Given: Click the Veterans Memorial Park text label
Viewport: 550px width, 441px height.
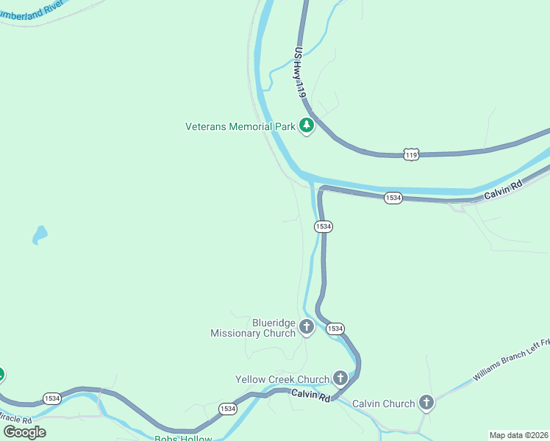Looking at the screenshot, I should tap(240, 126).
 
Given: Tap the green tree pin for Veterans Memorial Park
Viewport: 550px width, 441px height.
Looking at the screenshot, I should tap(307, 126).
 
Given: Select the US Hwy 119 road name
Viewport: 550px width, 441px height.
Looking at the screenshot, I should tap(299, 73).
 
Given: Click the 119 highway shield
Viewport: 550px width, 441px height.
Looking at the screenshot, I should tap(411, 154).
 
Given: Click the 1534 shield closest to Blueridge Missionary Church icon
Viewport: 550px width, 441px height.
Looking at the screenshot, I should tap(335, 328).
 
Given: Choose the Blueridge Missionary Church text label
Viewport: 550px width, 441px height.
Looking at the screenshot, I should tap(253, 328).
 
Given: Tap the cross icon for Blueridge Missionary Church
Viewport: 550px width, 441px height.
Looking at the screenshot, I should tap(306, 326).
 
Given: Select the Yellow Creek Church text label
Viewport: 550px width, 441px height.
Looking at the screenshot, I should tap(282, 379).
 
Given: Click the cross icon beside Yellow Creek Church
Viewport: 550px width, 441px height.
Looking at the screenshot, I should tap(340, 379).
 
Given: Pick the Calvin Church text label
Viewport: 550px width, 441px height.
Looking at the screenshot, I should tap(383, 404).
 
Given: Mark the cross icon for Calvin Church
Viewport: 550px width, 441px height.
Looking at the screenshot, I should tap(426, 402).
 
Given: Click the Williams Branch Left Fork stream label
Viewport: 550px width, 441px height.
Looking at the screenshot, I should tap(512, 360).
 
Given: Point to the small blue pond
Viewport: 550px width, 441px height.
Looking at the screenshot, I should tap(40, 235).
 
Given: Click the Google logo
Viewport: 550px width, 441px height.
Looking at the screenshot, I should tap(24, 432).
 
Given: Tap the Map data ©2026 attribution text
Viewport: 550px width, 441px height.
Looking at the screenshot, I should tap(519, 434).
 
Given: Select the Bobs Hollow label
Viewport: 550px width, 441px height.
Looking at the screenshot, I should tap(183, 438).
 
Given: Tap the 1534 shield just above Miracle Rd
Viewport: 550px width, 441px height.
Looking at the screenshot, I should tap(51, 398).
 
